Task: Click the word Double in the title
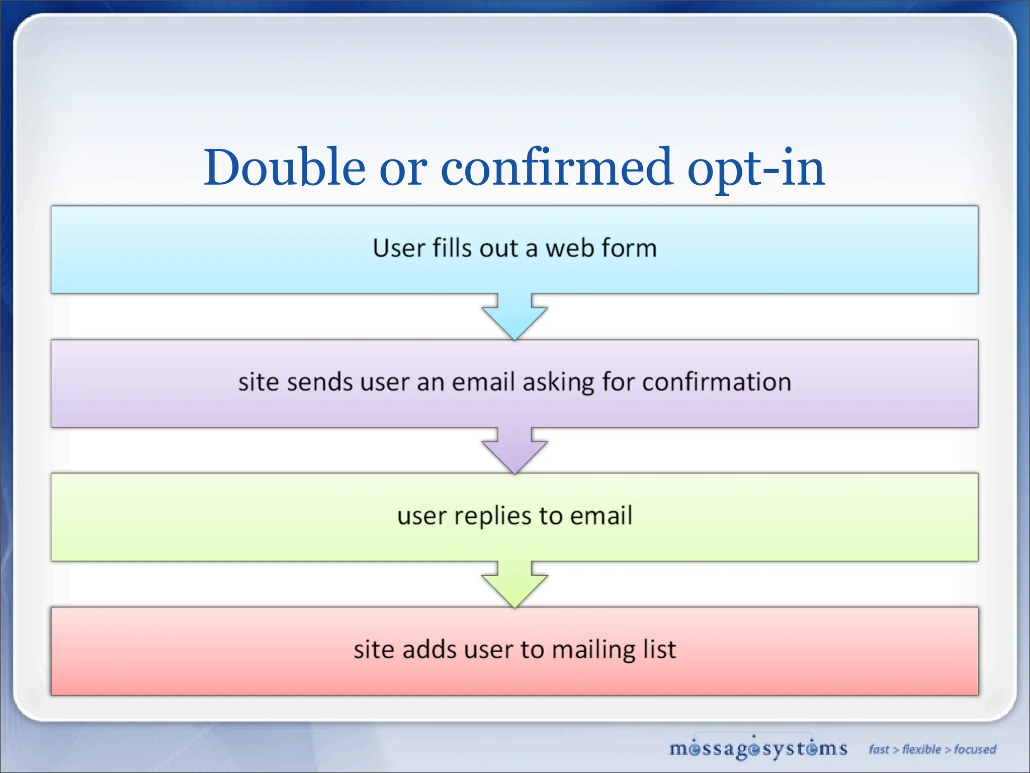point(284,168)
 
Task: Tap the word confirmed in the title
point(556,168)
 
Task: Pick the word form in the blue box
point(629,249)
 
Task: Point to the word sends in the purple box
point(320,382)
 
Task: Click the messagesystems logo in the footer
point(758,749)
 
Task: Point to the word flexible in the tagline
point(921,749)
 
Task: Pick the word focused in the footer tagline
point(975,749)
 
